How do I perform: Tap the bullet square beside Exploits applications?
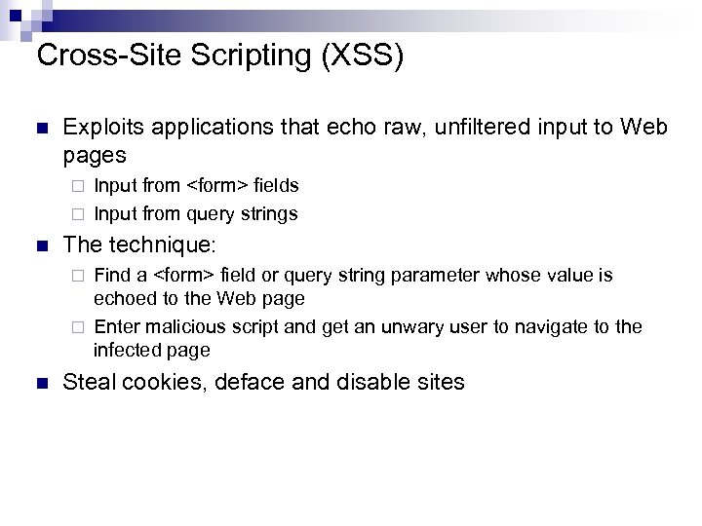pyautogui.click(x=40, y=129)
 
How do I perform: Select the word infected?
pyautogui.click(x=124, y=350)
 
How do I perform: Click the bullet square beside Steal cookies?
pyautogui.click(x=40, y=382)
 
